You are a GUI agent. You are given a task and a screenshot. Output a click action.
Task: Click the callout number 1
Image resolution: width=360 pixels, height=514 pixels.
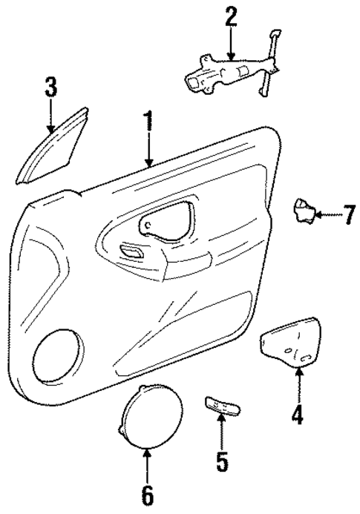148,123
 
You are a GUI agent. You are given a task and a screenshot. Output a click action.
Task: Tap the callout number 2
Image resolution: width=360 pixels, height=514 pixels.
231,17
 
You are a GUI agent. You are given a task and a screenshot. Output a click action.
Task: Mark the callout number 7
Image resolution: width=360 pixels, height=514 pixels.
347,216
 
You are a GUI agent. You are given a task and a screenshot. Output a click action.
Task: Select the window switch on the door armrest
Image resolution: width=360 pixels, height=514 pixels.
132,252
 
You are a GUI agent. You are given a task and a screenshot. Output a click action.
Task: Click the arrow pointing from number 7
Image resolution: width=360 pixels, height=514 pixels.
326,216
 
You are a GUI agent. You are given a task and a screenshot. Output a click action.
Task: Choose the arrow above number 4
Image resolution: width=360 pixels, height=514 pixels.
298,384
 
